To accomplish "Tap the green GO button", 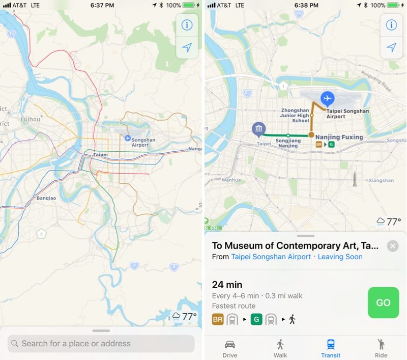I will [383, 302].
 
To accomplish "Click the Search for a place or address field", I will [101, 344].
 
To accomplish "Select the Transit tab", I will [331, 348].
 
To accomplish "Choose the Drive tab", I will [230, 348].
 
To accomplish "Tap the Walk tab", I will [280, 348].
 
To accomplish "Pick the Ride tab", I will [381, 348].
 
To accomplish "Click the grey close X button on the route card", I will [392, 246].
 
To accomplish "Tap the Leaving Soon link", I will [340, 257].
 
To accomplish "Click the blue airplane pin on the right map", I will [327, 98].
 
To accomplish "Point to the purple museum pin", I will [259, 129].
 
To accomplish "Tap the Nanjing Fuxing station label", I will [339, 137].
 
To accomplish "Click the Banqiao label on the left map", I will [46, 198].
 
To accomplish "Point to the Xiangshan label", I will [381, 180].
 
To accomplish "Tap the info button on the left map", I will [187, 25].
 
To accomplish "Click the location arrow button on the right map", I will [391, 47].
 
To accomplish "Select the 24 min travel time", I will [227, 285].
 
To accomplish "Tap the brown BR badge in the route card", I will [218, 319].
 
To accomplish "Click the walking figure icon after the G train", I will [292, 319].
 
